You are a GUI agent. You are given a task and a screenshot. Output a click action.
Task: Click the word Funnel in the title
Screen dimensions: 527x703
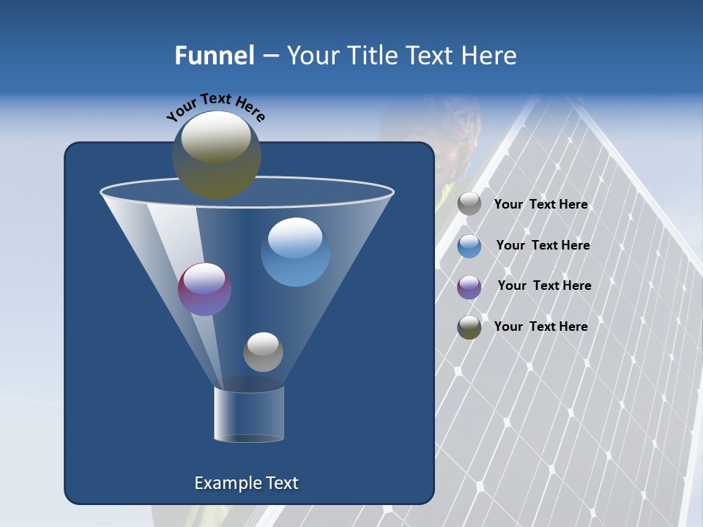pos(215,56)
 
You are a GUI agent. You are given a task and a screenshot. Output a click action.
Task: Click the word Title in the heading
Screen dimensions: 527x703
pos(372,56)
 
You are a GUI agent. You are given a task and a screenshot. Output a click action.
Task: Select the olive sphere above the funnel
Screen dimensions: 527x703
pos(217,155)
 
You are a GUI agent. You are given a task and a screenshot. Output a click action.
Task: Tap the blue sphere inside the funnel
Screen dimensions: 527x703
pos(295,252)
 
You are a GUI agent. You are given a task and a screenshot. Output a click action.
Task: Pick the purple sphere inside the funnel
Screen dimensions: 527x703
pos(205,289)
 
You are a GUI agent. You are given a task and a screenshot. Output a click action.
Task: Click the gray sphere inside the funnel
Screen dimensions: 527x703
pos(263,352)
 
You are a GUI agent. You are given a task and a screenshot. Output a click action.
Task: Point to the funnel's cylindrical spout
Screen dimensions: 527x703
pos(249,414)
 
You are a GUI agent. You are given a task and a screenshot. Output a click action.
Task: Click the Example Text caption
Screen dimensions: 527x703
pos(247,483)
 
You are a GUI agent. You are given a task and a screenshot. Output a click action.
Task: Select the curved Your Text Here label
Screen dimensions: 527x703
pos(215,107)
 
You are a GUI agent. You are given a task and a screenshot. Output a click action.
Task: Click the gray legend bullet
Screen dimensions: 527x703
pos(469,204)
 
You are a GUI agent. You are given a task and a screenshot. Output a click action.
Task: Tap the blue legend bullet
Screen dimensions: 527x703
pos(469,246)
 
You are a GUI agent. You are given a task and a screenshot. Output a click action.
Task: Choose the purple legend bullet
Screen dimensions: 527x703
pos(469,287)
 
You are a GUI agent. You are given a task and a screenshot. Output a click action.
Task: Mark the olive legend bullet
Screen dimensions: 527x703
pos(469,327)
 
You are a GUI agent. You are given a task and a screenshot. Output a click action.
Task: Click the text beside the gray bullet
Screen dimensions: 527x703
pos(541,205)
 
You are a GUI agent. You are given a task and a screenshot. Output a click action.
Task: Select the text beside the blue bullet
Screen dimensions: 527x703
pos(543,246)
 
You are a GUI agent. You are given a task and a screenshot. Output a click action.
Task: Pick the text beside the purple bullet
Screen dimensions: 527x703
pos(544,286)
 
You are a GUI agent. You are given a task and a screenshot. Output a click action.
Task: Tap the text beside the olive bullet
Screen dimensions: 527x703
pos(541,326)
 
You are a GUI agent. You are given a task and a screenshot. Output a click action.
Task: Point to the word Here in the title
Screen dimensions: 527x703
pos(490,56)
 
